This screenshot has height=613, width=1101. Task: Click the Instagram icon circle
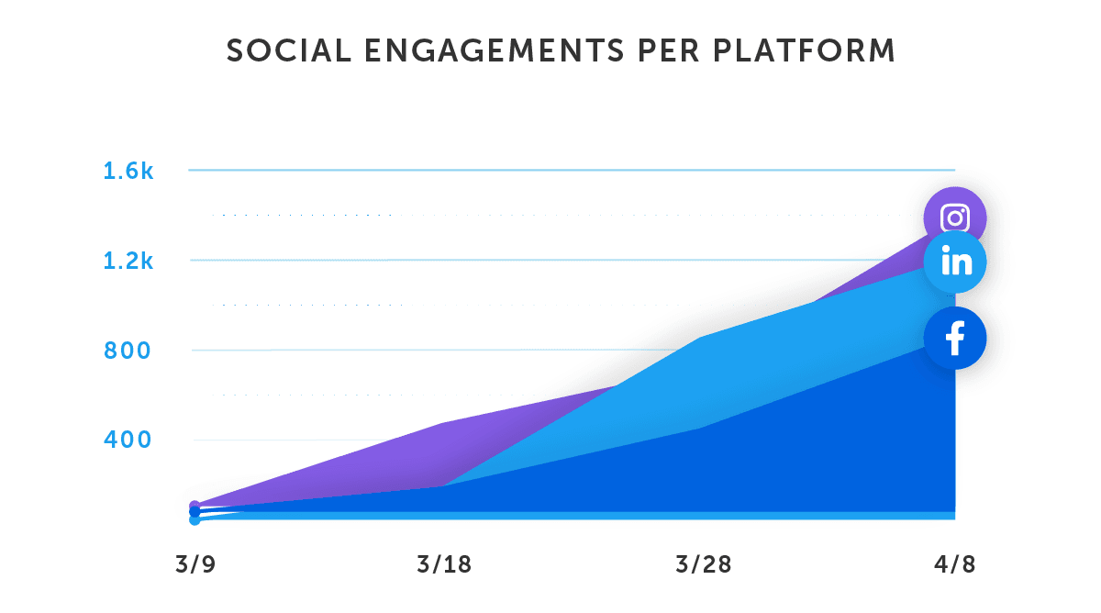(x=955, y=218)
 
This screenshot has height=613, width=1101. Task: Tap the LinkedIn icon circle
(x=955, y=262)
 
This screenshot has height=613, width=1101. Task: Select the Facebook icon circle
(x=955, y=339)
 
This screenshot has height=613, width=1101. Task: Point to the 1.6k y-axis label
(x=128, y=171)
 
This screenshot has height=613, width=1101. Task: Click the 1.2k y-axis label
(x=128, y=262)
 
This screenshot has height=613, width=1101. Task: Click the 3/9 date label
(x=195, y=564)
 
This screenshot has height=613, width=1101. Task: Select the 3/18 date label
(x=444, y=564)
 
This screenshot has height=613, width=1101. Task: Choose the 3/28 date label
(x=703, y=564)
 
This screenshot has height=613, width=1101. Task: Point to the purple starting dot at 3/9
(x=195, y=507)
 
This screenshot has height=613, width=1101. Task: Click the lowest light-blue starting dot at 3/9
(x=195, y=519)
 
